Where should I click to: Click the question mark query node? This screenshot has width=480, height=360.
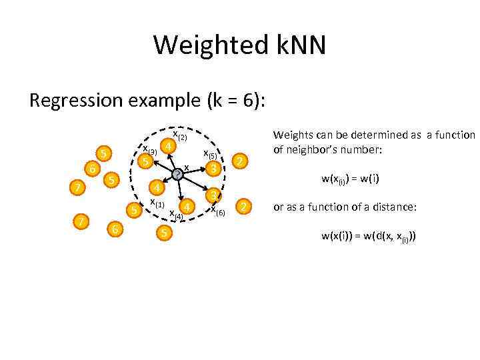tap(177, 175)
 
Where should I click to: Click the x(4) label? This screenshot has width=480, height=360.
tap(176, 215)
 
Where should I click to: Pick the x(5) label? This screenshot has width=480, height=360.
tap(211, 153)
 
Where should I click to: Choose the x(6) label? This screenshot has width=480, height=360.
tap(218, 211)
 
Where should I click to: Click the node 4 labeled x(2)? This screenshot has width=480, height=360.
tap(170, 145)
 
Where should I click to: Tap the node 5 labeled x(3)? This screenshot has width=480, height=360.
tap(145, 162)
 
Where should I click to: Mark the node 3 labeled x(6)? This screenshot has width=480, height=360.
tap(213, 195)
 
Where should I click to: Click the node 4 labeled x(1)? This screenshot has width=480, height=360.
tap(155, 187)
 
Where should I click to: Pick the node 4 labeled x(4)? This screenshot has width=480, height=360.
tap(189, 207)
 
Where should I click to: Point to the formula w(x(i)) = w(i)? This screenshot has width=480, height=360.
tap(349, 178)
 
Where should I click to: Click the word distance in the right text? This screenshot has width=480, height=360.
tap(393, 208)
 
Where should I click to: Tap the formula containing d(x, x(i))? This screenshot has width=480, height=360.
tap(369, 236)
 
